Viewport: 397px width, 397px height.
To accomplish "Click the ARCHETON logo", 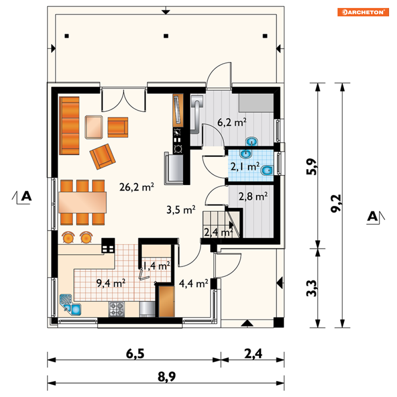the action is coord(363,12).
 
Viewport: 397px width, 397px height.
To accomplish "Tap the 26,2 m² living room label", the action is coord(137,187).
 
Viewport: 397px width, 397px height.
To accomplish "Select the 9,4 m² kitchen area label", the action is coord(111,283).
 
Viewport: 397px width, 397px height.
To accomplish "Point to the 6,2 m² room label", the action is coord(232,122).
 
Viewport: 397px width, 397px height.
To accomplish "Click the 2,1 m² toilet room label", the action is coord(245,167).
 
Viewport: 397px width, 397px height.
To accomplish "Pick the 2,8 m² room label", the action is coord(253,196).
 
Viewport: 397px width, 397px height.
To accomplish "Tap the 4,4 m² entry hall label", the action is coord(194,284).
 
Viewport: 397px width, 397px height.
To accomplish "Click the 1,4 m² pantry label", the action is coord(156,266).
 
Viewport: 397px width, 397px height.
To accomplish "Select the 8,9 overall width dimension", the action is coord(167,377).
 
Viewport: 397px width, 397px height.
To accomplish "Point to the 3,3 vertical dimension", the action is coord(312,288).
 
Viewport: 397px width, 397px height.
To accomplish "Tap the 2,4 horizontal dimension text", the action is coord(253,354).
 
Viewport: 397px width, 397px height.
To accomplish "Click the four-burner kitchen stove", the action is coord(117,309).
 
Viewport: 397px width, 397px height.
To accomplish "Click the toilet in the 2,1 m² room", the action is coord(267,170).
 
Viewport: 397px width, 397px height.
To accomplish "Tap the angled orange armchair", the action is coord(103,156).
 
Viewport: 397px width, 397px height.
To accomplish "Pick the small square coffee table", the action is coord(94,127).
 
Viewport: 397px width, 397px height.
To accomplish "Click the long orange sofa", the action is coord(69,126).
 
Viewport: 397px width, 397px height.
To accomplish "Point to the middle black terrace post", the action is coord(166,36).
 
